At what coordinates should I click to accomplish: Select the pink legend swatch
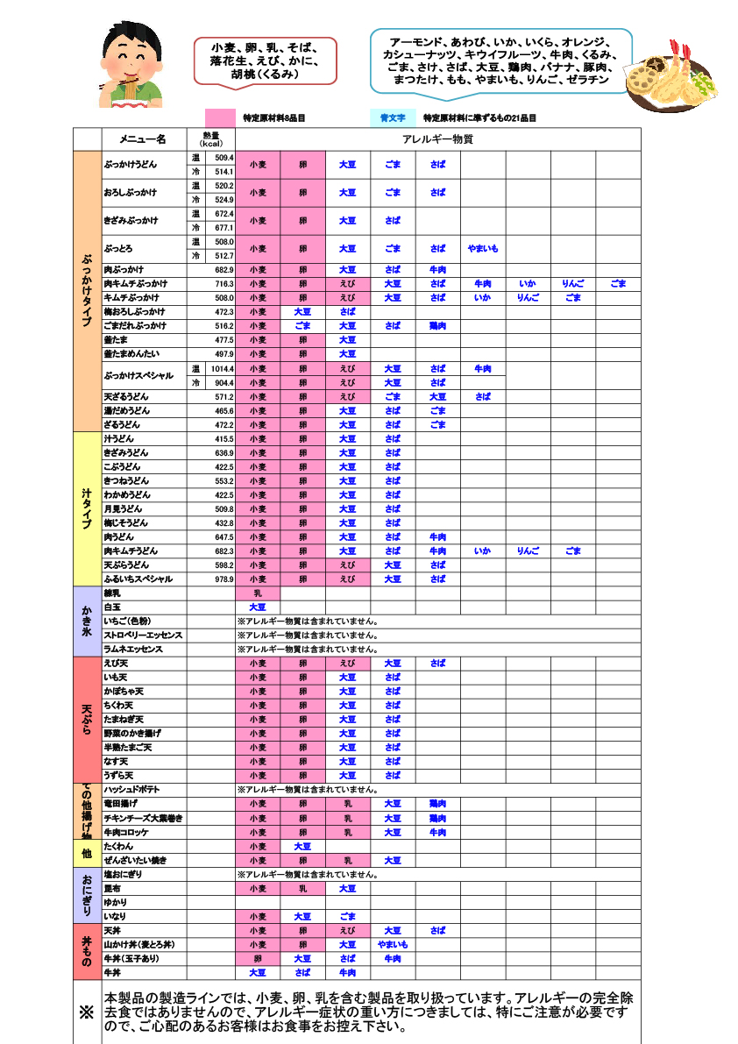click(245, 117)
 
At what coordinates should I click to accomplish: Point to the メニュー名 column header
click(143, 139)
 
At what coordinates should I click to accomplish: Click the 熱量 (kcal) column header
click(211, 139)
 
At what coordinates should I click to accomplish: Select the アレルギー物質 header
click(437, 139)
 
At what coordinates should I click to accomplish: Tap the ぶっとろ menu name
click(118, 249)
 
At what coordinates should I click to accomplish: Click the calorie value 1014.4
click(221, 369)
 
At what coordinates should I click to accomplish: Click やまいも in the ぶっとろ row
click(483, 249)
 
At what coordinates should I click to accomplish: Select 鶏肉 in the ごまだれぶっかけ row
click(437, 326)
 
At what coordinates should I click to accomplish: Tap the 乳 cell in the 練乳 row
click(258, 593)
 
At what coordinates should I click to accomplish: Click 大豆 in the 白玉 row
click(258, 607)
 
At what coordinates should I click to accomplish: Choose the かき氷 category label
click(86, 621)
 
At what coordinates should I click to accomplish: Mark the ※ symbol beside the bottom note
click(86, 1012)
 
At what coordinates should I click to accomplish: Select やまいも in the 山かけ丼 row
click(392, 945)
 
